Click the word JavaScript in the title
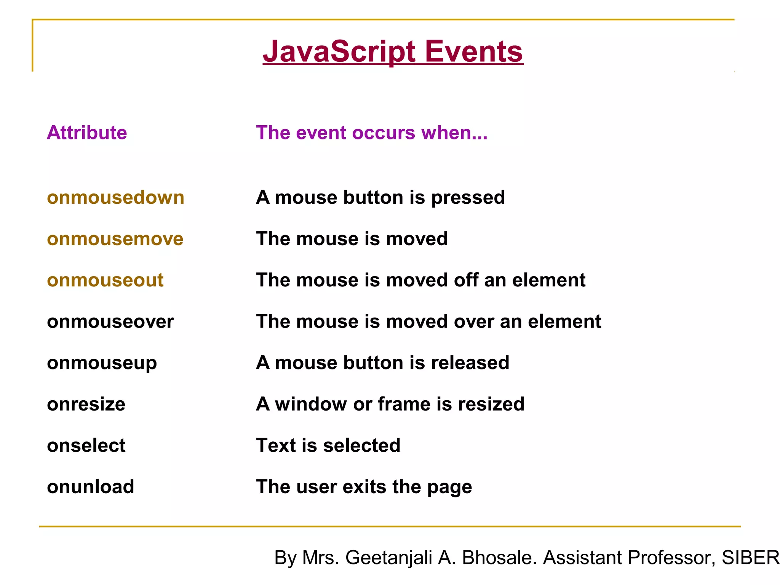click(339, 52)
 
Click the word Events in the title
click(474, 52)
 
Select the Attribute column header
click(87, 133)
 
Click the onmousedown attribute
click(115, 198)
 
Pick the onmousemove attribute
click(115, 239)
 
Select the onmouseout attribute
click(105, 280)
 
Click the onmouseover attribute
click(110, 321)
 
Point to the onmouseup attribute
click(102, 363)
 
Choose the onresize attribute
click(86, 404)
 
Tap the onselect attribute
click(86, 446)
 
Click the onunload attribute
click(90, 487)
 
